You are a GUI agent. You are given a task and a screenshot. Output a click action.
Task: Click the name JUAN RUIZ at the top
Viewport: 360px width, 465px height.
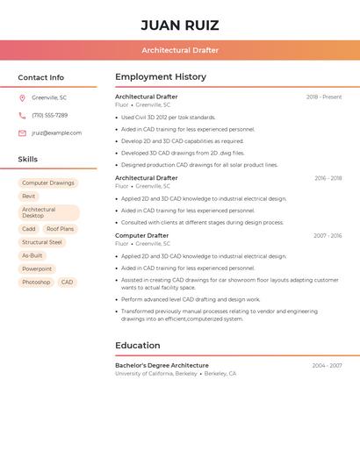tap(180, 25)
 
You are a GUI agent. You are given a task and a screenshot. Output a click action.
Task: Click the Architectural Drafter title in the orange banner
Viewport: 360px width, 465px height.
tap(180, 50)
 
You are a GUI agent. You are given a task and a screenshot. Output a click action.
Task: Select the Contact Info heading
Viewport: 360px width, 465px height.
tap(41, 77)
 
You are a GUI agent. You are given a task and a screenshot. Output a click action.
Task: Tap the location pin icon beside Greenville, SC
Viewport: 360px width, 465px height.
tap(22, 97)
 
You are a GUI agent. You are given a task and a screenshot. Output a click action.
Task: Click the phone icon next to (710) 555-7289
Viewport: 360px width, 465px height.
tap(22, 115)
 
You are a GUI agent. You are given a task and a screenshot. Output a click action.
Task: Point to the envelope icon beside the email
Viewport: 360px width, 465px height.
tap(22, 133)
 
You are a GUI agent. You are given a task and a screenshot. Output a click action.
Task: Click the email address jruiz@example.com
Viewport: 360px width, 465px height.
tap(57, 133)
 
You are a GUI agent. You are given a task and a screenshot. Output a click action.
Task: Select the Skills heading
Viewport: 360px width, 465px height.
tap(28, 160)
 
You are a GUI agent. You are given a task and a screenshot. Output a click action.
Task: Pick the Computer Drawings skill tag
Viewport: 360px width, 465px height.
tap(48, 183)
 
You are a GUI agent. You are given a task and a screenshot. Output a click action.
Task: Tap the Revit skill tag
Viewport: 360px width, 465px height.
tap(29, 197)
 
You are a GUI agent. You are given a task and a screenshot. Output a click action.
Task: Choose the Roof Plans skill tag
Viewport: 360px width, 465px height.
tap(61, 229)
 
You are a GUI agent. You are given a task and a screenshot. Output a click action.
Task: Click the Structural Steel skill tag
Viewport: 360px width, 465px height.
tap(42, 242)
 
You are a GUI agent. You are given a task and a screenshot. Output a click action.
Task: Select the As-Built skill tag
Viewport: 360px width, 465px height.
tap(32, 255)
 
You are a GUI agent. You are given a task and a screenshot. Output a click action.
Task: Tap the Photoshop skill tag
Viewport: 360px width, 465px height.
tap(36, 283)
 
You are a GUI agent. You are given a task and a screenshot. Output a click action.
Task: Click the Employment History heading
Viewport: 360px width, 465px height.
tap(161, 77)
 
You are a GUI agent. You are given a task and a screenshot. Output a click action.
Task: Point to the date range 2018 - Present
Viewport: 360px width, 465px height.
tap(324, 97)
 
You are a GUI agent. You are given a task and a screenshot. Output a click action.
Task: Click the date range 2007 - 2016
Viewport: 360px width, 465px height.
tap(328, 236)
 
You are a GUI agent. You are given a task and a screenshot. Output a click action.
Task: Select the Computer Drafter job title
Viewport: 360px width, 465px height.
tap(141, 236)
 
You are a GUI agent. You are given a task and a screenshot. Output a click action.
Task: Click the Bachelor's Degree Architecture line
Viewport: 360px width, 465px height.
tap(162, 365)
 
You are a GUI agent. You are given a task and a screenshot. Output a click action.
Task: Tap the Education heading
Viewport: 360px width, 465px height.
tap(138, 346)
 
